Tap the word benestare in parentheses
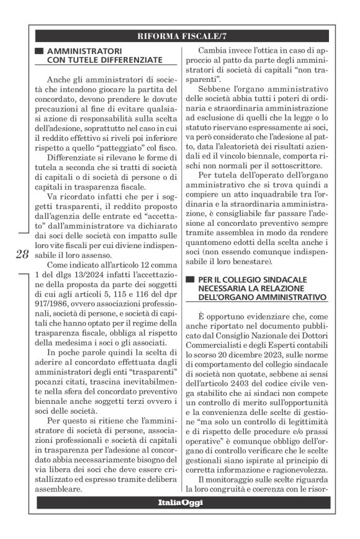(256, 263)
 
